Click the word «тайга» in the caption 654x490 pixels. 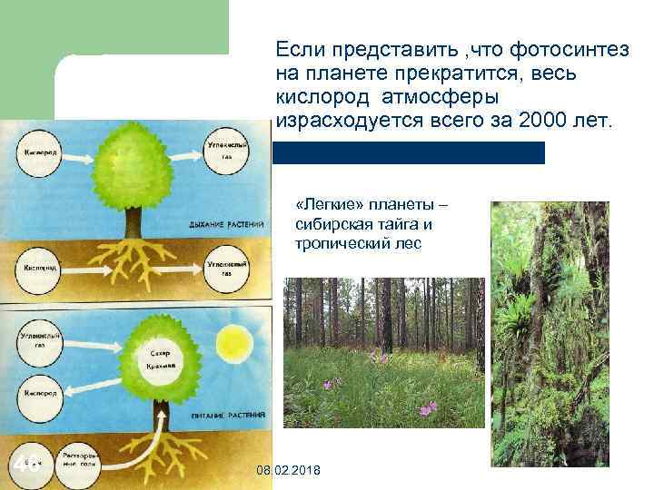click(401, 223)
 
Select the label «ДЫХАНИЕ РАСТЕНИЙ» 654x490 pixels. click(226, 222)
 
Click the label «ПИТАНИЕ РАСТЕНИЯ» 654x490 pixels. click(226, 414)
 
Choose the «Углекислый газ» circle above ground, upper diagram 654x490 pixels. click(223, 151)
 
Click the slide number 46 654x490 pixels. click(26, 465)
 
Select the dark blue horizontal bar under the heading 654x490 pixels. click(409, 152)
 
